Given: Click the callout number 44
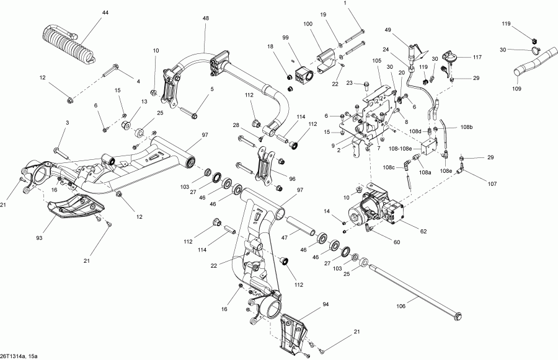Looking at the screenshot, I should [x=105, y=13].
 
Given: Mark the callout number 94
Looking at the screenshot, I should [x=326, y=305].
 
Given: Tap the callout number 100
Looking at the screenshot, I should [x=308, y=24].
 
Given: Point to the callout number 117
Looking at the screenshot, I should [x=477, y=57].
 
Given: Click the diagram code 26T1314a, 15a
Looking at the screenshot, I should [x=19, y=356].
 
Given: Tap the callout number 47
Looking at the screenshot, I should [x=285, y=237].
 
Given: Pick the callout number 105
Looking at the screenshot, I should [x=377, y=61].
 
